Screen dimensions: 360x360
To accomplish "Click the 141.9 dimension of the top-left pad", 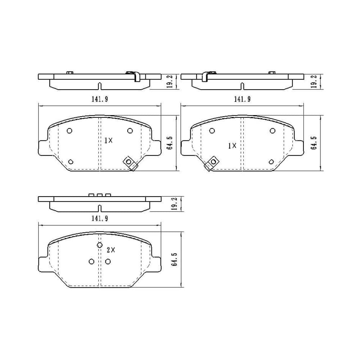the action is point(100,99).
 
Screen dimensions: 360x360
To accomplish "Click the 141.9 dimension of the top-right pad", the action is point(242,99).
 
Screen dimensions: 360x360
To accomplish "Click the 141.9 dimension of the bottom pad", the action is point(100,219).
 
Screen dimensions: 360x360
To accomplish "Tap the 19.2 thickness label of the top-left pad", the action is point(170,81).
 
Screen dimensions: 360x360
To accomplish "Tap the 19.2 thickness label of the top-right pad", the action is point(314,81).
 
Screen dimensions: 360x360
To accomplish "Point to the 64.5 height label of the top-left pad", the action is point(170,143).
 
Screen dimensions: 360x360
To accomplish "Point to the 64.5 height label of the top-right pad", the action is point(314,143).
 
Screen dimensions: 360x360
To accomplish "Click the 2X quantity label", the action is point(111,250).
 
